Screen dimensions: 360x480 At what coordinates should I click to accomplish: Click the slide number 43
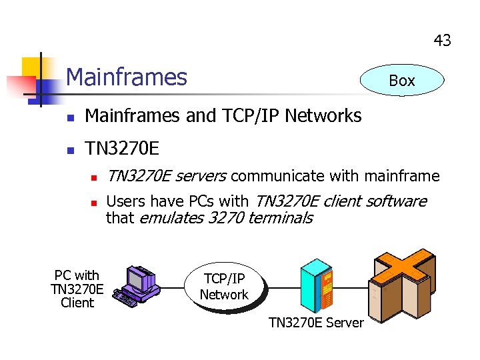coord(442,41)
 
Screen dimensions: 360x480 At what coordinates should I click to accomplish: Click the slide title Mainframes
coord(127,77)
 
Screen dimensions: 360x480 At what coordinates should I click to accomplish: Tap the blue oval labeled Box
coord(401,81)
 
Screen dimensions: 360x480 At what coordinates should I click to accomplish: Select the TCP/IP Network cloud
coord(224,287)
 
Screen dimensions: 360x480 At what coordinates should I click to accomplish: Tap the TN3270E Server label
coord(316,323)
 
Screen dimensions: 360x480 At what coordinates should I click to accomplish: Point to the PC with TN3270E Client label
coord(77,289)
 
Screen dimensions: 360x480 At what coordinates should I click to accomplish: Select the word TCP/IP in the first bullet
coord(250,116)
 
